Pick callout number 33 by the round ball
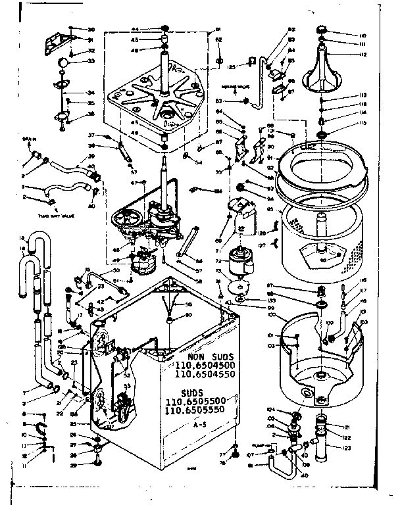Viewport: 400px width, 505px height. point(90,62)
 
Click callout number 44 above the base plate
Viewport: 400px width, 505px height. point(134,30)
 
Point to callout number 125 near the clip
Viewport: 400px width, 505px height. point(232,66)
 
